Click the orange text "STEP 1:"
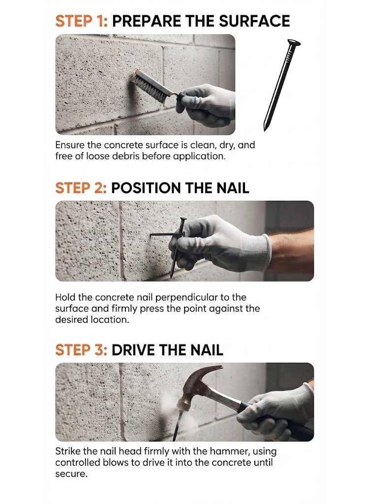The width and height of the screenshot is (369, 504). coord(82,21)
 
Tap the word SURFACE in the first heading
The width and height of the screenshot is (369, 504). coord(254,21)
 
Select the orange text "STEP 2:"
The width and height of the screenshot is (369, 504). coord(81,188)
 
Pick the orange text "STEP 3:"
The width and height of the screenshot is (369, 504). coord(81,350)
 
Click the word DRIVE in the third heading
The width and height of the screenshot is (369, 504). coord(133,350)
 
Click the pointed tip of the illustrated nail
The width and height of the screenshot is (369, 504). coord(265,128)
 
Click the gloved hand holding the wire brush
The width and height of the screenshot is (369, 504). coord(207,104)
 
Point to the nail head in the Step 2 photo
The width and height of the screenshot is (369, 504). coord(183,220)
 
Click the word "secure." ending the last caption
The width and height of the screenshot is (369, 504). coord(71,474)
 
